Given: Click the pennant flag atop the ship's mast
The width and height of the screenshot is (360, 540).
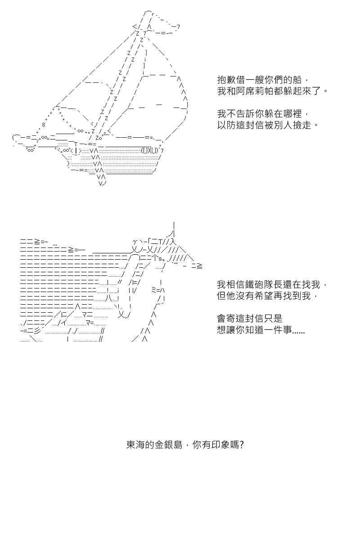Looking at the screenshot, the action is [x=164, y=23].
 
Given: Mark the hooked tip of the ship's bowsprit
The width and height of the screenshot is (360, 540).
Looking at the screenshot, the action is [x=16, y=137].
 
